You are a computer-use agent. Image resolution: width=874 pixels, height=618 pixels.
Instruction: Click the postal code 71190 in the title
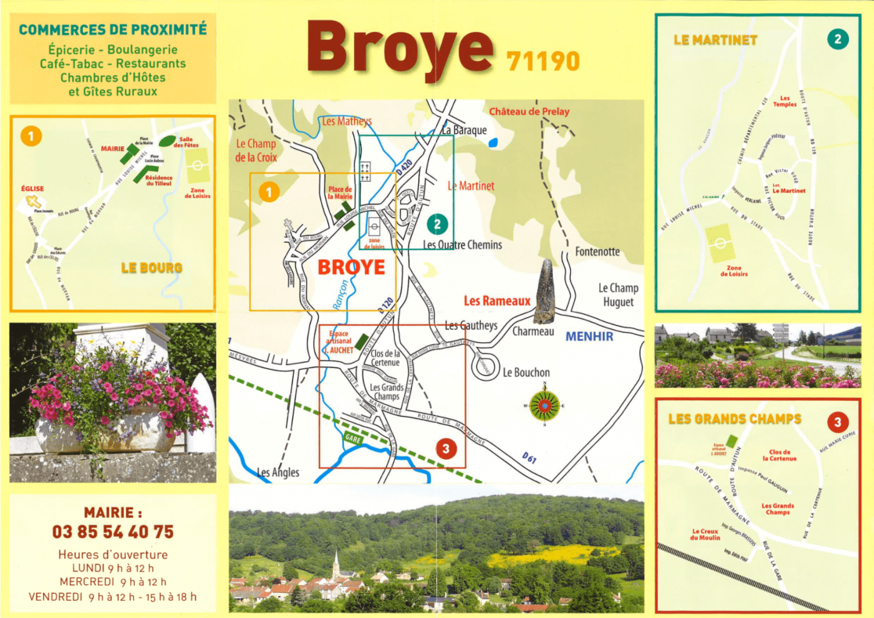pos(543,60)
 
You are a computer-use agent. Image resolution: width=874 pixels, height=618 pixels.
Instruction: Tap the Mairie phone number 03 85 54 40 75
pos(113,532)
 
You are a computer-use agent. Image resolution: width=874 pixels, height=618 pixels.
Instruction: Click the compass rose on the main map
pos(544,405)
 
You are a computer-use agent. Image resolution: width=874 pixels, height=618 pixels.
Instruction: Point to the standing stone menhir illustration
pos(544,291)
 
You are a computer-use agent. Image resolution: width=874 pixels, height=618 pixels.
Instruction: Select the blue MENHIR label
pos(589,337)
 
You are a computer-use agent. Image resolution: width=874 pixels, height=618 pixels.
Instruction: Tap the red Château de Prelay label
pos(529,111)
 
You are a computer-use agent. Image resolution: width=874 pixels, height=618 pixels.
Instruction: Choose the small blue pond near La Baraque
pos(493,143)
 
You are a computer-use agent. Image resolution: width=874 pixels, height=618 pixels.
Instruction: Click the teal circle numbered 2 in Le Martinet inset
pos(837,38)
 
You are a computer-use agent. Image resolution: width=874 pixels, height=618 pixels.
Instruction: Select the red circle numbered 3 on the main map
pos(445,449)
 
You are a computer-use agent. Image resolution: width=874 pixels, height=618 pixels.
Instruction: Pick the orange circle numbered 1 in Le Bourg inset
pos(30,136)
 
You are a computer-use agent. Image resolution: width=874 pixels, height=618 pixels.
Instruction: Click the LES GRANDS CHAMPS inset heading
pos(735,419)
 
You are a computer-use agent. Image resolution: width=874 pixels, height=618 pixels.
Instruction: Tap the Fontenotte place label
pos(597,251)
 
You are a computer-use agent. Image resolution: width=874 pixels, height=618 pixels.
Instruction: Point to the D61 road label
pos(530,456)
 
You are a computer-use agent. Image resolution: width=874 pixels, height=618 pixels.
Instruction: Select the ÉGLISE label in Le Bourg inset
pos(33,189)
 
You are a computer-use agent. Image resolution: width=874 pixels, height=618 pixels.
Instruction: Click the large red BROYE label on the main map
pos(351,268)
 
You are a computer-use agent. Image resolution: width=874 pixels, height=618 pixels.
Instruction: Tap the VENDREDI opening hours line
pos(113,597)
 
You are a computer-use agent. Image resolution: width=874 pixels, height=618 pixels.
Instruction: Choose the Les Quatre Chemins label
pos(462,244)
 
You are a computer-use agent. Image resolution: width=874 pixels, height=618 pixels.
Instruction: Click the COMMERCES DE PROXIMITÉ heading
pos(113,30)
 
